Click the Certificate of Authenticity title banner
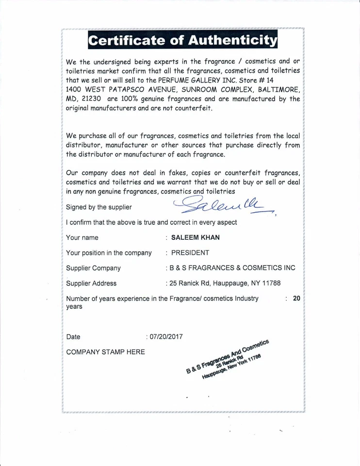tap(183, 41)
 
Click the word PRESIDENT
tap(190, 252)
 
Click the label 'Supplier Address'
tap(91, 283)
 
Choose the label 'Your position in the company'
tap(109, 253)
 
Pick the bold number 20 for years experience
tap(296, 299)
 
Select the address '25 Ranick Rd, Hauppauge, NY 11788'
tap(224, 283)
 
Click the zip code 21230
tap(90, 99)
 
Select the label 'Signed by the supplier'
tap(98, 207)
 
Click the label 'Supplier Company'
tap(93, 268)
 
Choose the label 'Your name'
tap(82, 237)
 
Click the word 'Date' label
tap(73, 337)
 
